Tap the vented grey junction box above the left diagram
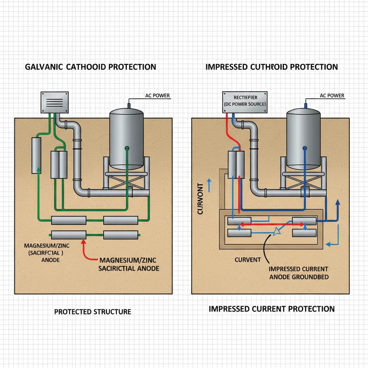coord(54,102)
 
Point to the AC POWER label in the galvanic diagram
coord(157,96)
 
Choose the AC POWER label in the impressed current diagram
coord(332,96)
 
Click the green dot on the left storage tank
coord(126,148)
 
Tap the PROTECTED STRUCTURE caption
coord(92,312)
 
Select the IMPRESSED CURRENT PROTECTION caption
coord(272,309)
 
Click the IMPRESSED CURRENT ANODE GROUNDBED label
coord(298,273)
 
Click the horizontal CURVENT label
coord(248,259)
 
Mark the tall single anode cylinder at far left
coord(36,154)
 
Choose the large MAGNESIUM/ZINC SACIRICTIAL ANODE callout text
coord(129,264)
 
